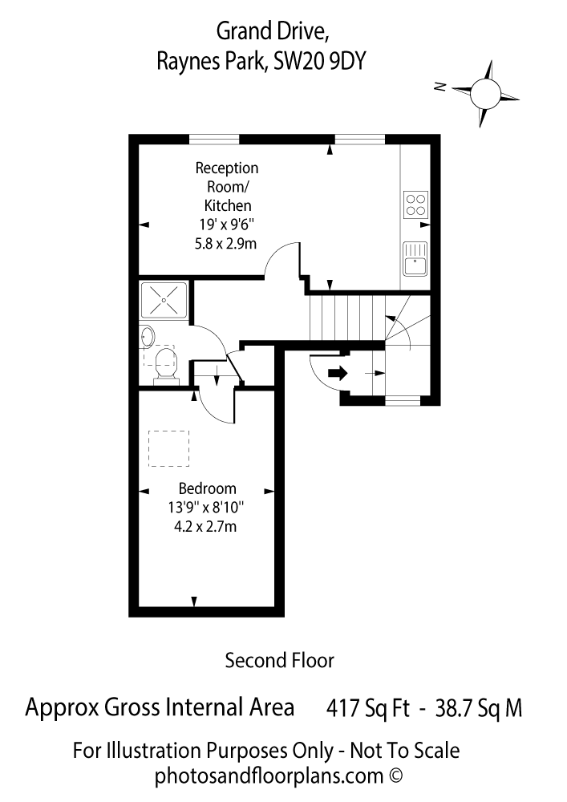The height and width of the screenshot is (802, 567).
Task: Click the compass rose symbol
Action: pos(484,94)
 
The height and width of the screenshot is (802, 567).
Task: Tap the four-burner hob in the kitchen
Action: pos(415,204)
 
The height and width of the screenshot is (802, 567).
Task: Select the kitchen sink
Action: pos(415,258)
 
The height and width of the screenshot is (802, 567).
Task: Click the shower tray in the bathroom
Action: pos(164,300)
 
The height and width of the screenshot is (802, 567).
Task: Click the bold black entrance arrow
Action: pos(338,373)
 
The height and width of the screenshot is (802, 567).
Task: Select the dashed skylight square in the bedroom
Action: pos(168,448)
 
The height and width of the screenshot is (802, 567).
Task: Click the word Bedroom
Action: pos(208,488)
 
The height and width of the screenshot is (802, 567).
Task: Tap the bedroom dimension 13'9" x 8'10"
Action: pos(206,508)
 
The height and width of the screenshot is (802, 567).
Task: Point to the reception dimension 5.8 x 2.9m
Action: pos(225,244)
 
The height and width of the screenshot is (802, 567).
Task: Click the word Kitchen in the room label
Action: pos(228,205)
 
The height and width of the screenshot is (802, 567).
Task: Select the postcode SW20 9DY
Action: pos(320,62)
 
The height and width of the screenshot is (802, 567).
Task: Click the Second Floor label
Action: pos(279,660)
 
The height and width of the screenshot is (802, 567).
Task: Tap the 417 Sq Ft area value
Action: pos(368,709)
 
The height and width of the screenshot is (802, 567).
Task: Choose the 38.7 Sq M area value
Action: pos(479,709)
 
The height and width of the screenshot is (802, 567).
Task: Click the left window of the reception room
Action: pos(214,139)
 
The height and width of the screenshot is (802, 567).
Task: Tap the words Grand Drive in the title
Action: pos(272,32)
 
